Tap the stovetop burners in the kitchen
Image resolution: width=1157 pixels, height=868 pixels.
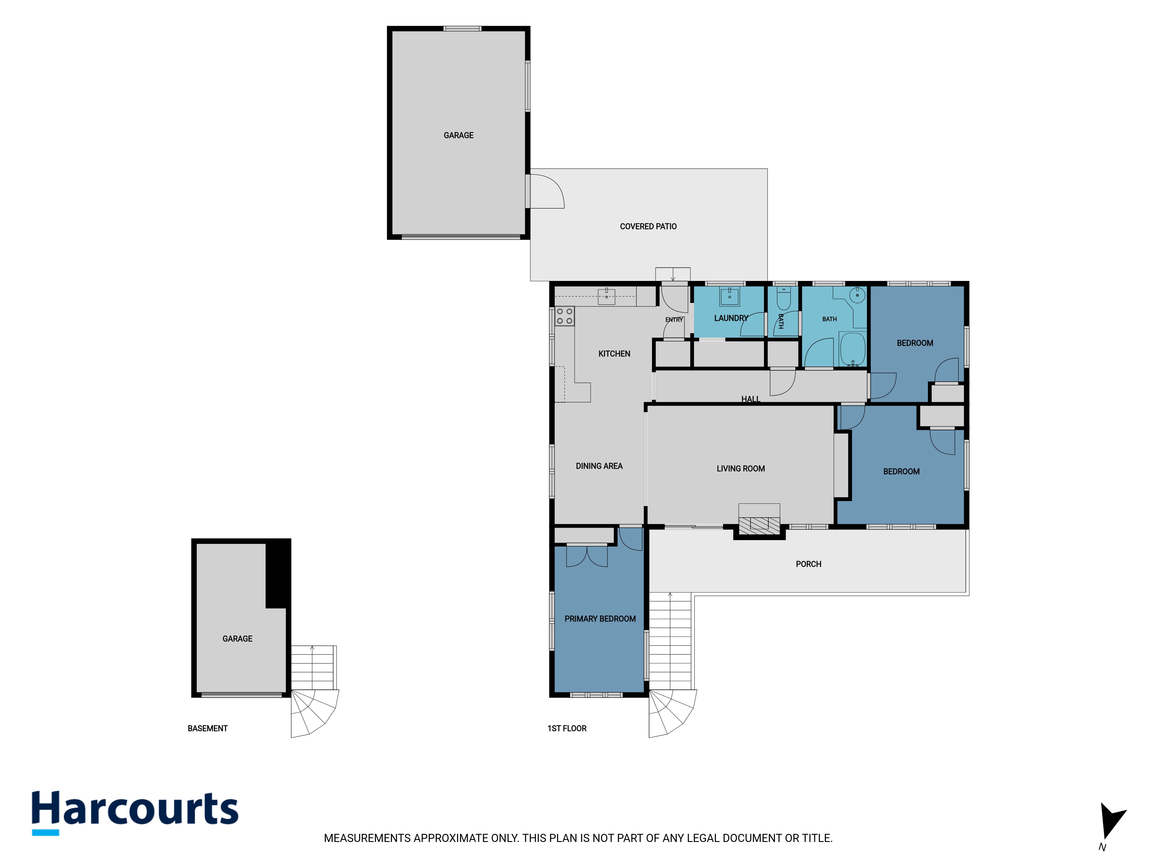point(564,316)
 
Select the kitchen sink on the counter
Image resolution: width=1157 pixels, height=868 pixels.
point(606,296)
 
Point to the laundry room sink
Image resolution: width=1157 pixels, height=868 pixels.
point(729,296)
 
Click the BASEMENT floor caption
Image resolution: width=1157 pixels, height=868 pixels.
point(208,728)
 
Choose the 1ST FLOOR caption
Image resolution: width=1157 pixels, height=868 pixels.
point(567,728)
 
